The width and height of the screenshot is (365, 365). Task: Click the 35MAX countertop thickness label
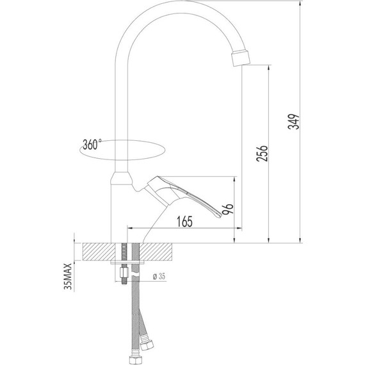point(68,275)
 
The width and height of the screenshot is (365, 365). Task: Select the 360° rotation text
point(92,145)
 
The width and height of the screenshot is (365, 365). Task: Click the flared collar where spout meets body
point(121,178)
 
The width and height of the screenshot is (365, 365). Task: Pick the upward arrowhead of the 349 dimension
point(301,5)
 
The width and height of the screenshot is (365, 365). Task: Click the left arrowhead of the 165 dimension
point(131,229)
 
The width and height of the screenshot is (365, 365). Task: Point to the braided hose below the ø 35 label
point(135,314)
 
